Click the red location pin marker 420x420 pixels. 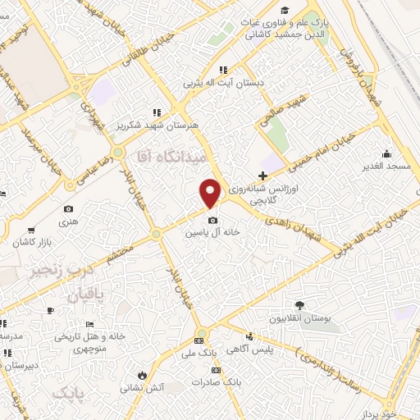(x=212, y=194)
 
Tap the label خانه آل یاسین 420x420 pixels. (x=212, y=232)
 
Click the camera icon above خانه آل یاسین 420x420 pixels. (x=212, y=220)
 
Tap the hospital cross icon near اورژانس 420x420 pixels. (x=262, y=176)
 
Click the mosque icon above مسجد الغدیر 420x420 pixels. (x=386, y=153)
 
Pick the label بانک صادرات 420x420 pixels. (x=215, y=382)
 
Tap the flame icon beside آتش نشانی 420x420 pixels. (x=141, y=374)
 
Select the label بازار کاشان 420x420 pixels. (x=31, y=244)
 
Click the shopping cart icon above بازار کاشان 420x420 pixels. (x=30, y=231)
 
